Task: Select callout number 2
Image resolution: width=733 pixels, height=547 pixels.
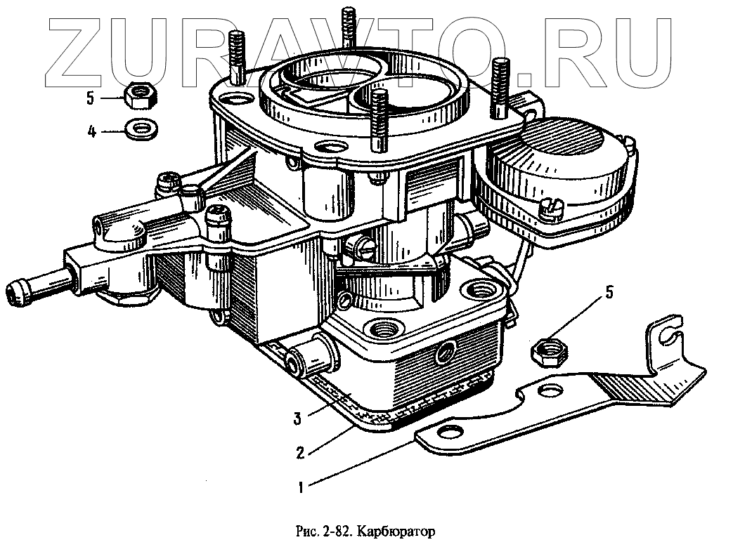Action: [300, 452]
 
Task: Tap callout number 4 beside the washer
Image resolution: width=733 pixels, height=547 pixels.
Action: [91, 131]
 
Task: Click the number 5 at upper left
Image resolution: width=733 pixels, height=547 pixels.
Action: [91, 98]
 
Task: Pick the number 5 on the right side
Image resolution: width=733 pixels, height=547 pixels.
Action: [609, 291]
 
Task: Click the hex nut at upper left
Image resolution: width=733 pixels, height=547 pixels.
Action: [141, 97]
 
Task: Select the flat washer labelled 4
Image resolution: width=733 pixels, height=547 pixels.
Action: [141, 129]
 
